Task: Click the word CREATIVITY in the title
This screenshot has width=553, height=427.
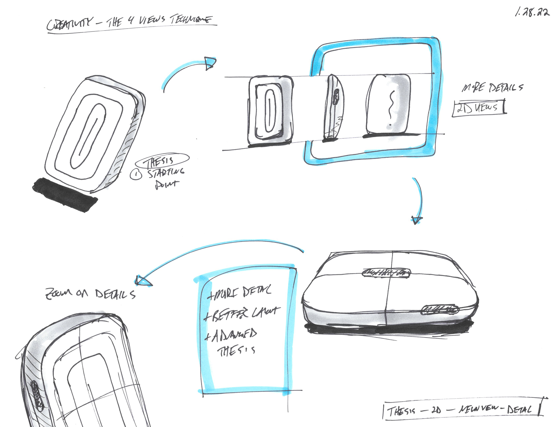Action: (x=70, y=24)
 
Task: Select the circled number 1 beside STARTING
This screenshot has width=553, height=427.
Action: (x=136, y=174)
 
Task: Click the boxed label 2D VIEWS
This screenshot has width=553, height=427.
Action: (x=479, y=108)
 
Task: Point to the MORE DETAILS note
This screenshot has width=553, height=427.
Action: (x=492, y=87)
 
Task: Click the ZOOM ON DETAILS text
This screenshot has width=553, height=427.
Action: (x=90, y=294)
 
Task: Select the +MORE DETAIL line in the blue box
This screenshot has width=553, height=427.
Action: (x=239, y=292)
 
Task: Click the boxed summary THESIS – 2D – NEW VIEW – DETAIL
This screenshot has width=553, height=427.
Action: (x=462, y=409)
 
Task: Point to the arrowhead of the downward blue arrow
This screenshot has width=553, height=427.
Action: (x=416, y=220)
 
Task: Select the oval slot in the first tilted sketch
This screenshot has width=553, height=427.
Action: (x=88, y=136)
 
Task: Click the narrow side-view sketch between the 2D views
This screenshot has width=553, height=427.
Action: (x=333, y=108)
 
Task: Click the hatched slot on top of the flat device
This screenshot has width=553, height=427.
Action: (x=386, y=272)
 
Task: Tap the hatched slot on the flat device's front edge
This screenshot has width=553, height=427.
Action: (x=440, y=310)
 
